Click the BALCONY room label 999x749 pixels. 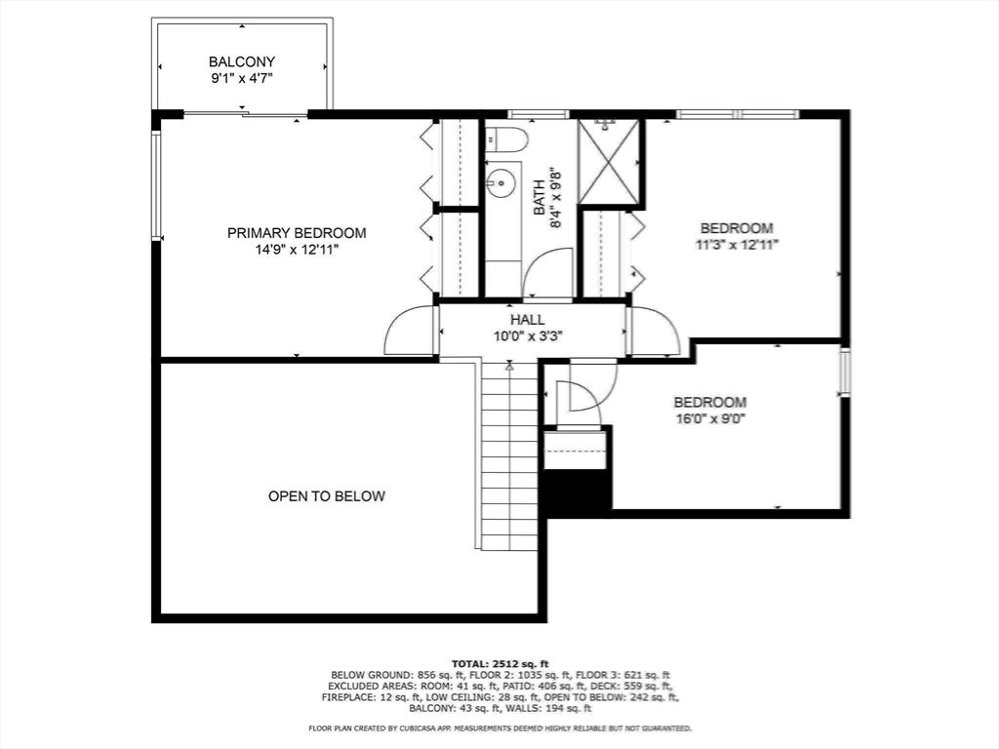click(242, 60)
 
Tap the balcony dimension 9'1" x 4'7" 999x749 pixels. click(242, 79)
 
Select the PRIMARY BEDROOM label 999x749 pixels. click(297, 233)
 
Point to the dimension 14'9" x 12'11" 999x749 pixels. click(297, 251)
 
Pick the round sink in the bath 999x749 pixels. click(501, 182)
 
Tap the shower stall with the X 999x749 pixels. click(608, 162)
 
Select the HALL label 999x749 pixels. click(527, 319)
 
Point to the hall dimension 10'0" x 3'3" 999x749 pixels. click(528, 335)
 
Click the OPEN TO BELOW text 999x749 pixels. click(327, 496)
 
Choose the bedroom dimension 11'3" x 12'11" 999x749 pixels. click(737, 245)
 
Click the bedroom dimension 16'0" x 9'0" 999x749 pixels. click(710, 419)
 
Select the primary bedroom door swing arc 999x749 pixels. click(410, 332)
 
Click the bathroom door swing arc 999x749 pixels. click(548, 273)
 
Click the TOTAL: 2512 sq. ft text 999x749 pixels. click(499, 663)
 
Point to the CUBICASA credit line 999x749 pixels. click(499, 729)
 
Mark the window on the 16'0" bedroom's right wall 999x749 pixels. click(845, 371)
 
